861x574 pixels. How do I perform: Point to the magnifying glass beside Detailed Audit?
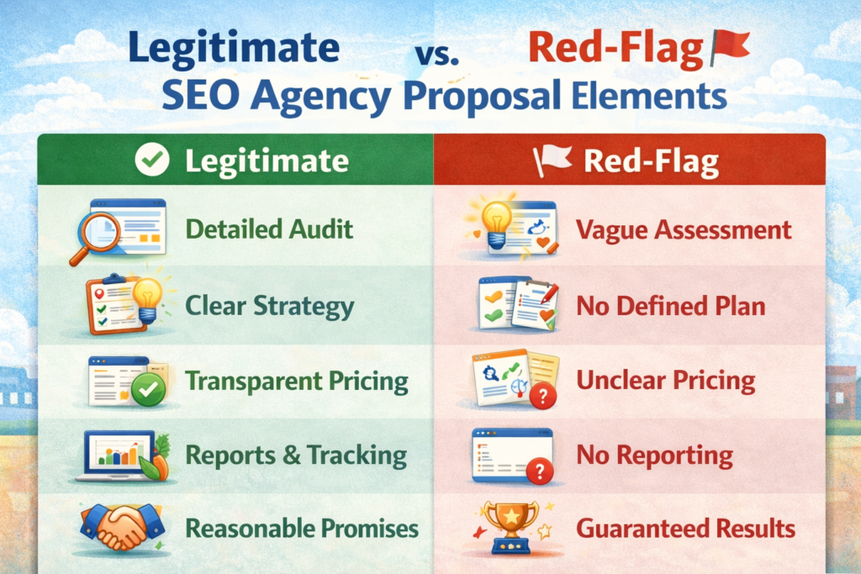coord(94,235)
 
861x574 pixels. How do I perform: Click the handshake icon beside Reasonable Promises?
coord(123,527)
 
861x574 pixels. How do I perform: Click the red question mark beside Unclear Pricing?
coord(542,396)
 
